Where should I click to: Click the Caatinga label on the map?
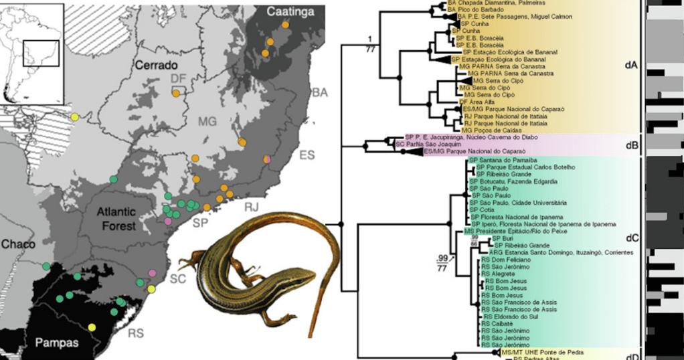(x=292, y=11)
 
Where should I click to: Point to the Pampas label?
(x=57, y=343)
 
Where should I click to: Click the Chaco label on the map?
(x=18, y=244)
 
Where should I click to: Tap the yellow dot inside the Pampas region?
(x=92, y=327)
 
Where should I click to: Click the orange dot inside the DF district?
(x=175, y=94)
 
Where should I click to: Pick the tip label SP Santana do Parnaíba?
(x=504, y=160)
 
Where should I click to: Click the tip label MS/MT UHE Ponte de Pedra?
(x=542, y=351)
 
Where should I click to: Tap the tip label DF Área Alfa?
(x=483, y=101)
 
